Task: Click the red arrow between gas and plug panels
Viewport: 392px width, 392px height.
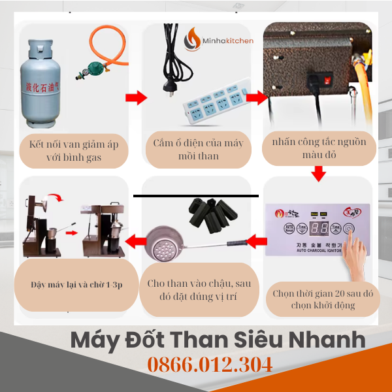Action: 136,98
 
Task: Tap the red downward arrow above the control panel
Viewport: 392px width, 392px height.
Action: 318,174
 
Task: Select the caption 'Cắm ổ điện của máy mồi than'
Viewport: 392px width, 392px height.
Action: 197,150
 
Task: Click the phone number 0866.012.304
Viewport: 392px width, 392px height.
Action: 210,365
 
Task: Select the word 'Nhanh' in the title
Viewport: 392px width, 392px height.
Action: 322,340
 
